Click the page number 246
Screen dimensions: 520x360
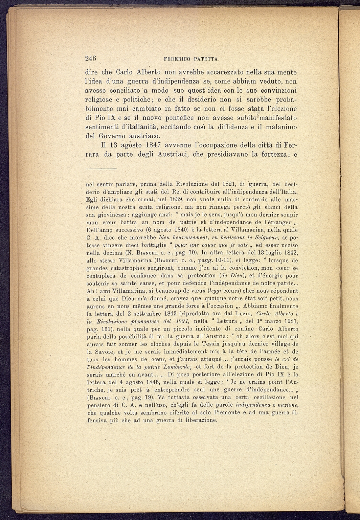[91, 58]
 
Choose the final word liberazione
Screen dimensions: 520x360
[200, 420]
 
